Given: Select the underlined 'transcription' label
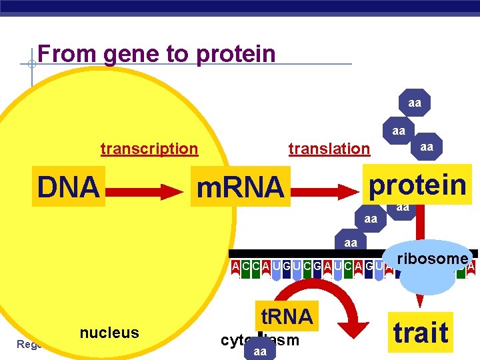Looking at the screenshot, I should click(149, 149).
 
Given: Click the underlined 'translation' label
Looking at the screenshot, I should click(329, 149).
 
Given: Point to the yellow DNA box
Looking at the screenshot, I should click(68, 187).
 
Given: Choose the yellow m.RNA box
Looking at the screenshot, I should click(239, 188).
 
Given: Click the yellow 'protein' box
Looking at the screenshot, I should click(418, 185).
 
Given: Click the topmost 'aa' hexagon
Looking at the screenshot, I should click(415, 103).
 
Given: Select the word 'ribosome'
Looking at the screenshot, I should click(431, 259).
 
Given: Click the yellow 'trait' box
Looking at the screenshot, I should click(421, 331).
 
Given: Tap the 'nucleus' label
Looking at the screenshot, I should click(109, 333).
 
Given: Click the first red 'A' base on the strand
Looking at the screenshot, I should click(236, 267).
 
